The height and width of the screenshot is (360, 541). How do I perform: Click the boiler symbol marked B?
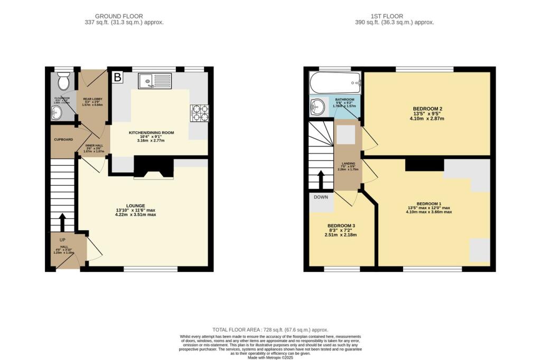point(118,78)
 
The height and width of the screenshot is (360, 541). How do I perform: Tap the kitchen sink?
point(154,81)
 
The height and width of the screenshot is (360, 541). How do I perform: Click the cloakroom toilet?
point(64,82)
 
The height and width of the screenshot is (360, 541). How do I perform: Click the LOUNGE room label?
point(136,205)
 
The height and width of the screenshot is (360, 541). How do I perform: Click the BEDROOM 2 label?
point(427,109)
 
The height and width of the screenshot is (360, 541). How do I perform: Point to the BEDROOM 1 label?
point(428,203)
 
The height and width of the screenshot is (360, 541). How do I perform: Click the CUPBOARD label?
point(63,140)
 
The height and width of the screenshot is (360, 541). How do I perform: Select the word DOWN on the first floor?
point(321,197)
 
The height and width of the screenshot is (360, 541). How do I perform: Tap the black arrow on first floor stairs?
point(320,178)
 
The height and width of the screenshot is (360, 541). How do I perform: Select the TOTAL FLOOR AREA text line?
point(270,329)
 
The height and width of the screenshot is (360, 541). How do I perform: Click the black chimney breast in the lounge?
point(153,168)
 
